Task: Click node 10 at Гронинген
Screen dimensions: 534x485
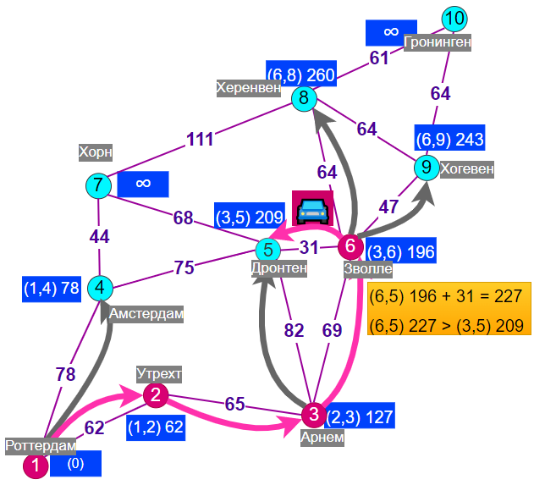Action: [x=454, y=19]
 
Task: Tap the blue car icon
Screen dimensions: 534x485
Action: [x=312, y=211]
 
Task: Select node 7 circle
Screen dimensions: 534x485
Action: [x=98, y=186]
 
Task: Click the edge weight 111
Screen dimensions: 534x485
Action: [x=200, y=140]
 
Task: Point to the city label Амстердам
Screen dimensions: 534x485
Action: [x=146, y=314]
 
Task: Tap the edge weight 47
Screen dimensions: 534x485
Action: [x=388, y=207]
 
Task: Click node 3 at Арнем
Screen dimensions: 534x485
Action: [x=314, y=415]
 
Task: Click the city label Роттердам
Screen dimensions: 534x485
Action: [x=41, y=446]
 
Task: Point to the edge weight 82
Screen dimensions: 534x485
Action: [x=294, y=330]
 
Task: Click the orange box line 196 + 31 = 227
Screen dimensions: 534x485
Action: [x=446, y=295]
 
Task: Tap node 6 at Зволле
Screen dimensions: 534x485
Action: [x=350, y=246]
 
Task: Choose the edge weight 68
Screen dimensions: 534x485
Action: [x=184, y=218]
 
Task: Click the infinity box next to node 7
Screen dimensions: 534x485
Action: [x=143, y=184]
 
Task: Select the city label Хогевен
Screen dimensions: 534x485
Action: [x=466, y=169]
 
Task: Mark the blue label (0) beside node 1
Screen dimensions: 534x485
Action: [x=75, y=464]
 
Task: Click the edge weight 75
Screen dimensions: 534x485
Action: [x=184, y=267]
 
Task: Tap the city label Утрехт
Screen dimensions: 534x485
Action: [x=159, y=374]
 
